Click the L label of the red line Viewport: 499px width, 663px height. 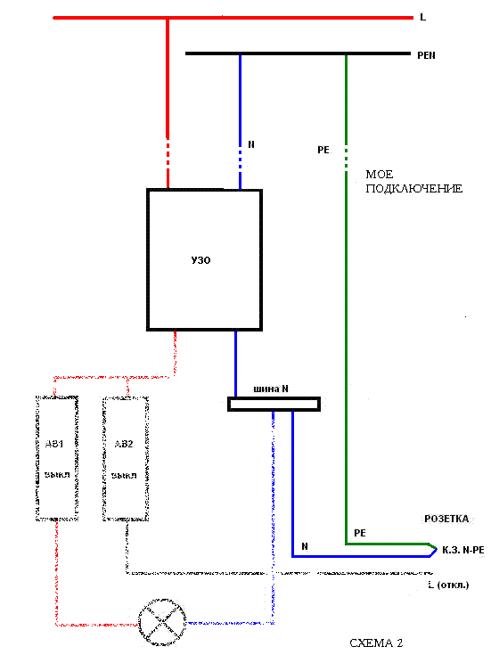point(422,17)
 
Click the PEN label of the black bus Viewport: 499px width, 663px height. point(426,55)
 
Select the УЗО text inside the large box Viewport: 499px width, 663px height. point(200,260)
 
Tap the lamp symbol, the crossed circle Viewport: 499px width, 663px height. point(162,622)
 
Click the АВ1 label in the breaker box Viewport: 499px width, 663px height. point(54,444)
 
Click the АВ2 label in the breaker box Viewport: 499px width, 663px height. point(124,444)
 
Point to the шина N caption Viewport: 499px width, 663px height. point(271,389)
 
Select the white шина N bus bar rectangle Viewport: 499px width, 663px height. point(274,405)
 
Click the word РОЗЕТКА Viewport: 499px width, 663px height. point(446,519)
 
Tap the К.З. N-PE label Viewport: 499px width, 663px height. point(463,550)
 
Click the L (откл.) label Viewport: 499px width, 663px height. point(448,585)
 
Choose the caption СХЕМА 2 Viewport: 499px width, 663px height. point(376,643)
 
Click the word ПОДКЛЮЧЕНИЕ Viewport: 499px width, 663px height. point(414,189)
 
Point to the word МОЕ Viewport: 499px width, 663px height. point(380,174)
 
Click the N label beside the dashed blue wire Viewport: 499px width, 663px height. point(251,144)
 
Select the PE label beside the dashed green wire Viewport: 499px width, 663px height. point(323,150)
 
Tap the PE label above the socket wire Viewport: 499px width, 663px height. point(360,533)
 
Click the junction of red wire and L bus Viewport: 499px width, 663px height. point(168,18)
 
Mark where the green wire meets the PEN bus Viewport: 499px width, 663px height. point(347,53)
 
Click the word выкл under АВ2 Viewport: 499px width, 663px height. point(124,475)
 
